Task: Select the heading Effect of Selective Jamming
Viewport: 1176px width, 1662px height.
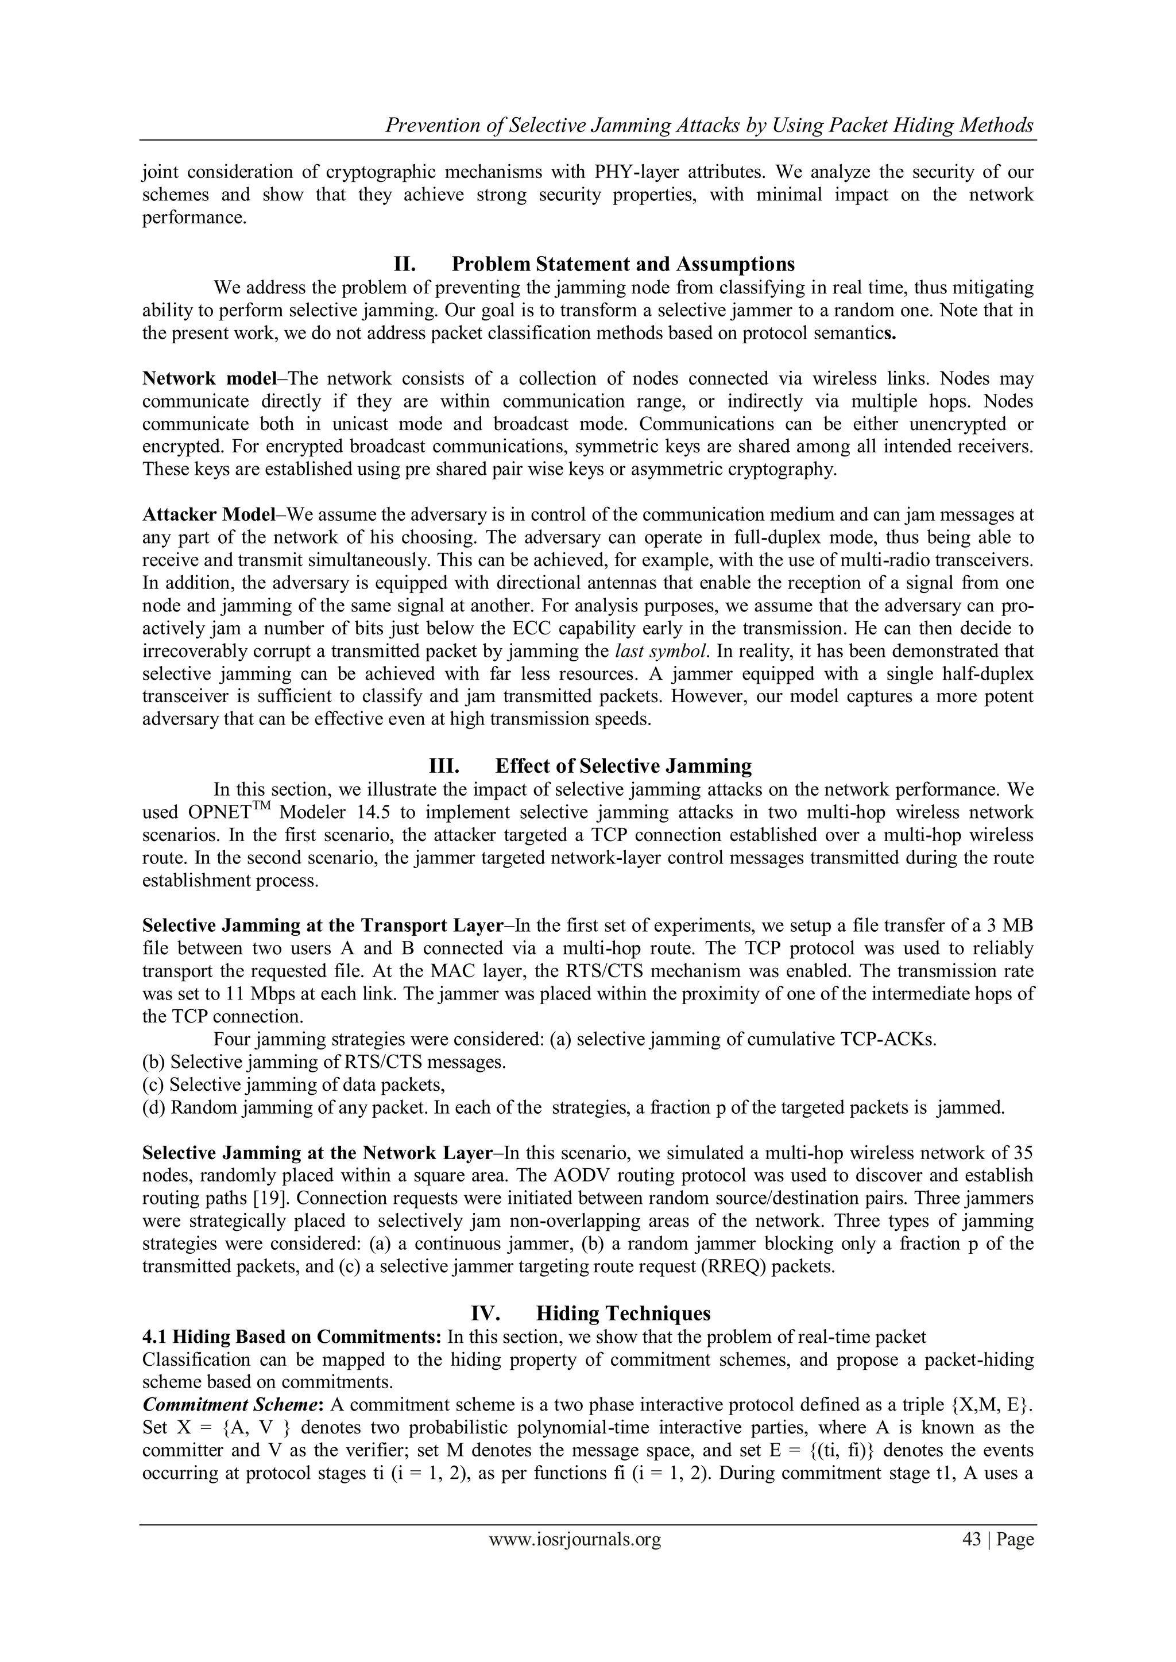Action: [624, 766]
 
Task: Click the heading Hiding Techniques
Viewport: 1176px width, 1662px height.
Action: [624, 1313]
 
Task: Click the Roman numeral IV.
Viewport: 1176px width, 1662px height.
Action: [483, 1313]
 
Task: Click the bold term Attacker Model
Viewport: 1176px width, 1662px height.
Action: [208, 514]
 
